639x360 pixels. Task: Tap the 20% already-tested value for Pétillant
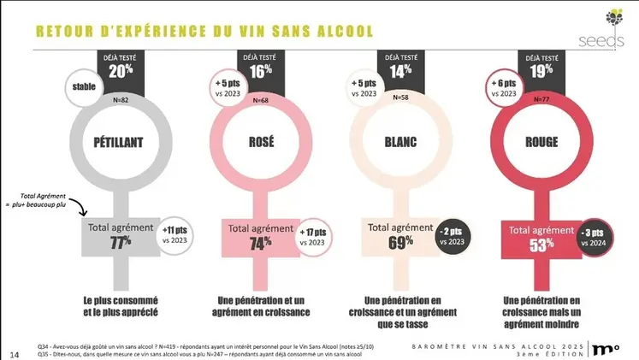pyautogui.click(x=120, y=72)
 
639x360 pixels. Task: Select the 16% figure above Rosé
pyautogui.click(x=260, y=72)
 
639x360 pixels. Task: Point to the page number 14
pyautogui.click(x=14, y=353)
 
